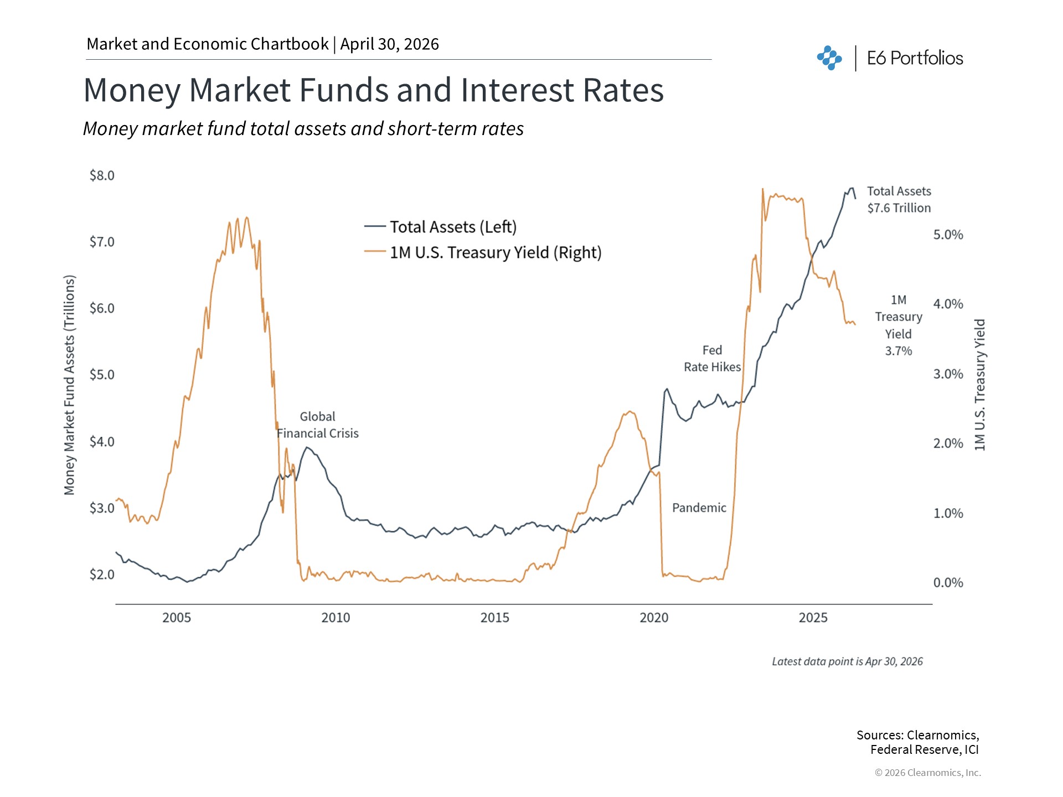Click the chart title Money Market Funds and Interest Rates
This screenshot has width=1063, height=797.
(x=373, y=90)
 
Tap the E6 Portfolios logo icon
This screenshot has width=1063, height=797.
(x=829, y=58)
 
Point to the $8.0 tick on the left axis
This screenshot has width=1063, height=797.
(x=102, y=175)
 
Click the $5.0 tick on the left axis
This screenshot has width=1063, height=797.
(x=102, y=375)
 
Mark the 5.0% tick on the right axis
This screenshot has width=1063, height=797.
(x=948, y=235)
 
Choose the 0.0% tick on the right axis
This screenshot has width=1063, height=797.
(x=948, y=582)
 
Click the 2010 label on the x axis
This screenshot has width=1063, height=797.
(x=336, y=618)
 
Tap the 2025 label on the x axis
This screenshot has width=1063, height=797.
(x=813, y=618)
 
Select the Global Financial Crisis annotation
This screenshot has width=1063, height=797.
(x=318, y=425)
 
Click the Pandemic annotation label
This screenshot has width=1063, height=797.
(x=699, y=508)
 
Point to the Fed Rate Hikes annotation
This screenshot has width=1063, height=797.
(x=712, y=359)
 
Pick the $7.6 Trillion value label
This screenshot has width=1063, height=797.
(x=899, y=208)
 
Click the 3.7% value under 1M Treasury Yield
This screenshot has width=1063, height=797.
(x=898, y=351)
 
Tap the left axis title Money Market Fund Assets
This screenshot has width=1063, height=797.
(x=69, y=385)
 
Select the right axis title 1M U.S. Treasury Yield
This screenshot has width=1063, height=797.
(x=980, y=385)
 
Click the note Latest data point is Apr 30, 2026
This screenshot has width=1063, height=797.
(x=847, y=661)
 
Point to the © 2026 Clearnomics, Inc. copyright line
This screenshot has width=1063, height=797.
(x=927, y=773)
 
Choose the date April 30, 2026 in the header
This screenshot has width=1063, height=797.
(x=389, y=44)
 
